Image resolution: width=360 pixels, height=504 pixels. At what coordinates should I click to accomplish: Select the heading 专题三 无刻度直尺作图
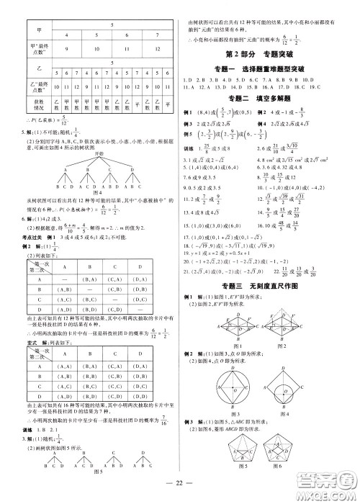264,266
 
